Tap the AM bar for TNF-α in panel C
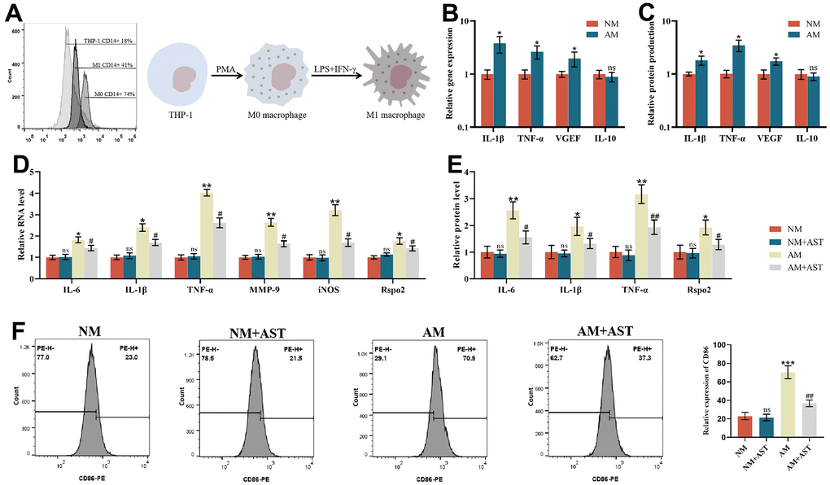[x=738, y=85]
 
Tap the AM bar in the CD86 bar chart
[x=787, y=413]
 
